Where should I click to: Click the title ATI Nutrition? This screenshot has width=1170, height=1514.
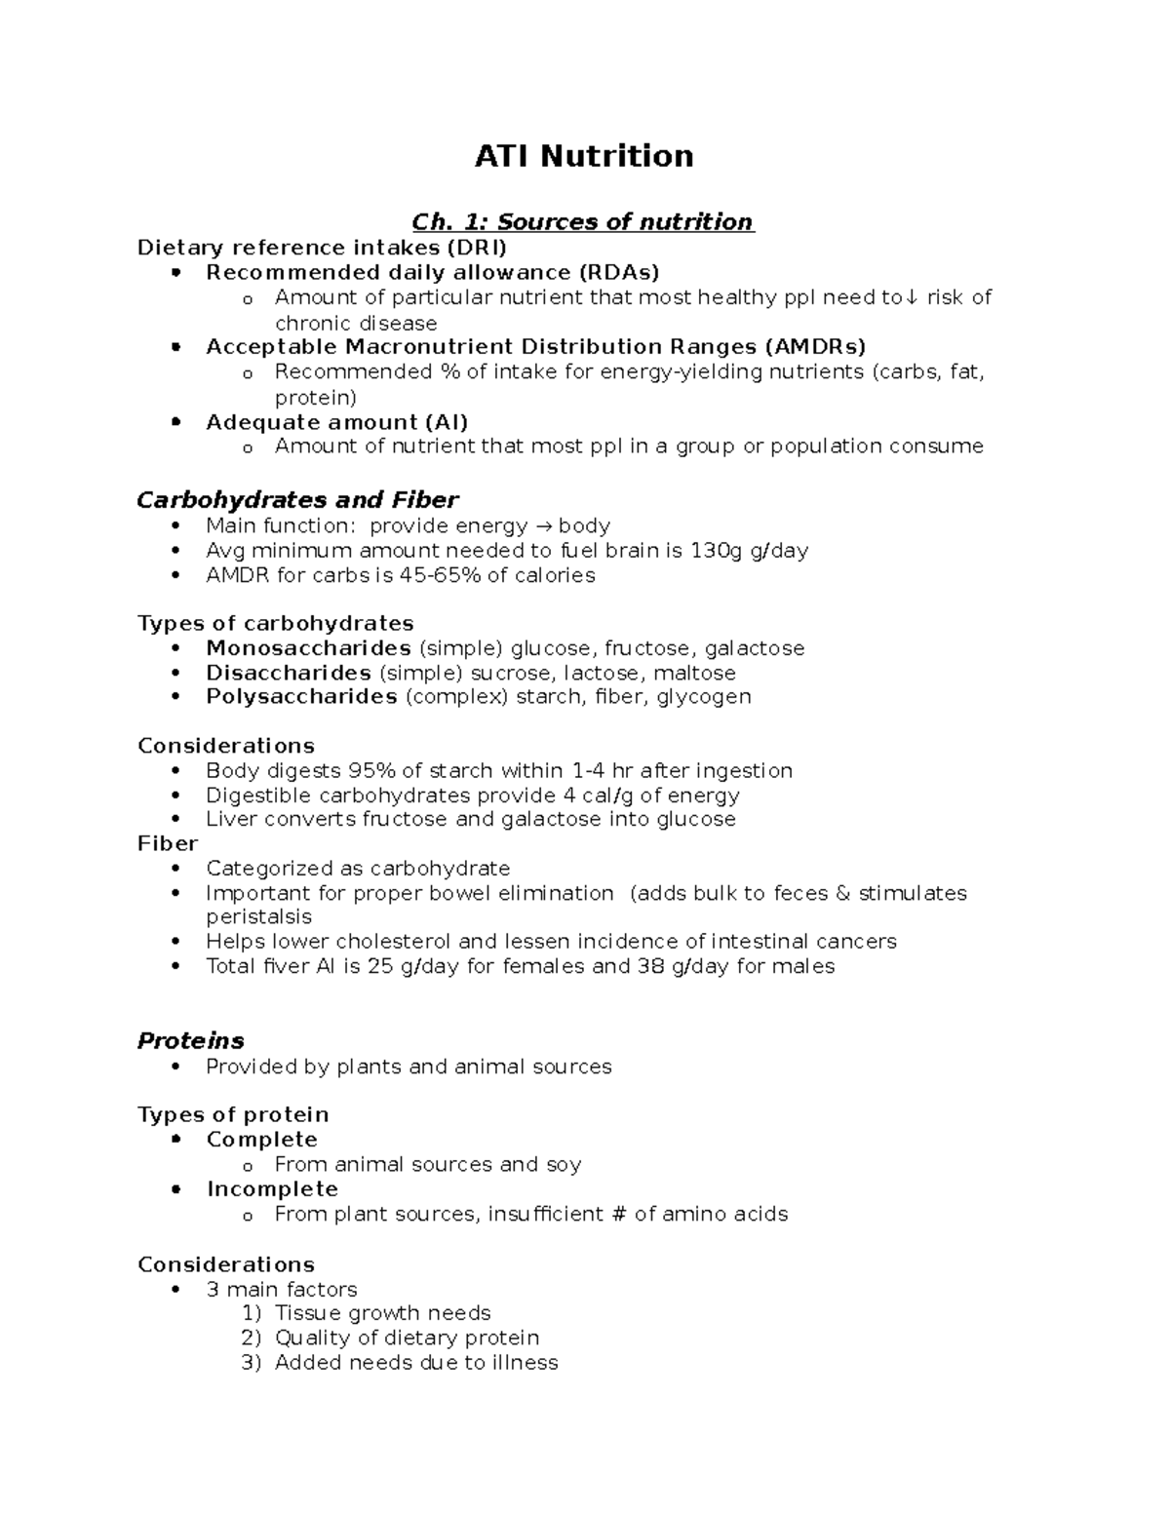[583, 156]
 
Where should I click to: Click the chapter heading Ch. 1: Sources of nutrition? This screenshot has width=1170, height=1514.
[583, 222]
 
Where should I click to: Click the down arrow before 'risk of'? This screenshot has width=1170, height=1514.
[912, 298]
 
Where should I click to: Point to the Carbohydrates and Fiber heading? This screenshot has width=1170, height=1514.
[297, 500]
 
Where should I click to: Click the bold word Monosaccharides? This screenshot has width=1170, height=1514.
[308, 648]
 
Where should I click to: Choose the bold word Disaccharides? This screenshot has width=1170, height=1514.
[288, 673]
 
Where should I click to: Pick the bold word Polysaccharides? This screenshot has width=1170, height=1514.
[301, 697]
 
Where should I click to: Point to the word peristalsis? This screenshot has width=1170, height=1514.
[258, 917]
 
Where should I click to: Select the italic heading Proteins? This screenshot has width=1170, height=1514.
[190, 1041]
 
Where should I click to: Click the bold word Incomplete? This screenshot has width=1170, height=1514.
[272, 1189]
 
